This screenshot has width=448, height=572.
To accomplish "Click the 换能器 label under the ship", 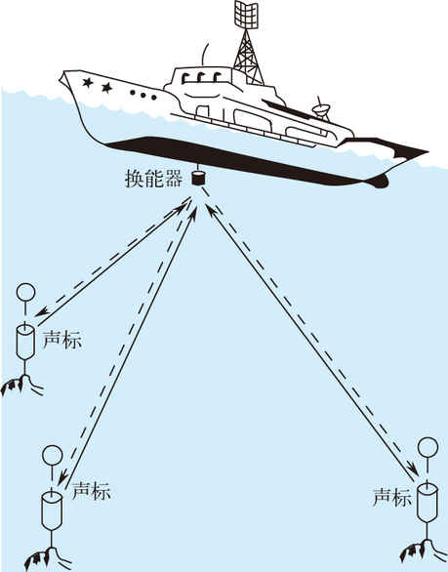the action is click(153, 179).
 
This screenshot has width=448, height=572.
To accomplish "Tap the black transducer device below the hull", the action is click(198, 178).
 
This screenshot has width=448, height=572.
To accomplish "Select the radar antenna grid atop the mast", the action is click(246, 15).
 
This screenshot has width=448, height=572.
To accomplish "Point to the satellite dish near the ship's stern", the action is click(321, 108).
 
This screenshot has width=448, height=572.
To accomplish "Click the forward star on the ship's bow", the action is click(88, 83).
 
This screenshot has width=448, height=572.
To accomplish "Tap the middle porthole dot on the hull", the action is click(143, 96).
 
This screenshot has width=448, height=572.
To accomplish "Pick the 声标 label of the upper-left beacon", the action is click(62, 341).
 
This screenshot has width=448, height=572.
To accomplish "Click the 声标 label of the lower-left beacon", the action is click(91, 491).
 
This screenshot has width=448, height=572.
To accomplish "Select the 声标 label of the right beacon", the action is click(392, 497).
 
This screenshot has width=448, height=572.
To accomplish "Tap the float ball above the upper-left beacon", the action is click(26, 293).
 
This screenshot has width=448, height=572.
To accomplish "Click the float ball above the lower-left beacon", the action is click(53, 455).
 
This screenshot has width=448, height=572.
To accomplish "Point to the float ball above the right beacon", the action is click(428, 447).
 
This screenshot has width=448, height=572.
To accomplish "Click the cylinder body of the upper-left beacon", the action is click(25, 342).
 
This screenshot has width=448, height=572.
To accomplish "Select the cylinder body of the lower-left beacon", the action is click(52, 510).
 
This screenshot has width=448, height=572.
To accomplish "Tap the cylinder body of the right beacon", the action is click(428, 503).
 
